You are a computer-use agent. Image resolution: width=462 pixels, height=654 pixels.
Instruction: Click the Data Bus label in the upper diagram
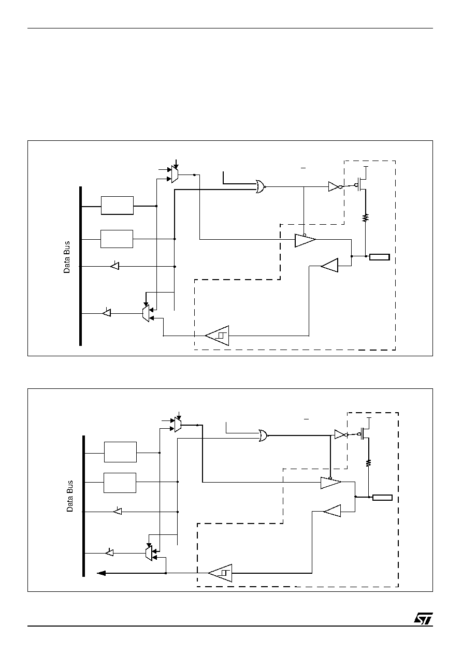coord(67,257)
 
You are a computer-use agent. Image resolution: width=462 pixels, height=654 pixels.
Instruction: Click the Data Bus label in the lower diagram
coord(70,496)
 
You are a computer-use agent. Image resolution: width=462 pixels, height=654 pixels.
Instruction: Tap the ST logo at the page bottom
coord(423,618)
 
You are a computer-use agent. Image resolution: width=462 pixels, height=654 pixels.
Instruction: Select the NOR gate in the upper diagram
coord(261,186)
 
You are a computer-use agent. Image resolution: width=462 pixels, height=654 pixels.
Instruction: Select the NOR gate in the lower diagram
coord(264,435)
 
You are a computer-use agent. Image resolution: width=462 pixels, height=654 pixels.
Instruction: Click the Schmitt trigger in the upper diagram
coord(217,336)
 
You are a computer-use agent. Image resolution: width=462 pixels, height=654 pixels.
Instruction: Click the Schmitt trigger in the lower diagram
coord(220,573)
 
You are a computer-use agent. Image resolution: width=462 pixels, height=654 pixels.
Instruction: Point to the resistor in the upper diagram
coord(365,217)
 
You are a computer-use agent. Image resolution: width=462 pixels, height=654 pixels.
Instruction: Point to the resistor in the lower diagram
coord(369,462)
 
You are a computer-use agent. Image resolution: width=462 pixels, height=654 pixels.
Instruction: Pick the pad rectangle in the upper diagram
coord(379,257)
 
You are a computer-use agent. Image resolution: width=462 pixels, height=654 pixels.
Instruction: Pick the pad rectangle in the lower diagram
coord(382,498)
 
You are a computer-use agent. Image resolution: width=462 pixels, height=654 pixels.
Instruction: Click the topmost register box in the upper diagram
coord(117,206)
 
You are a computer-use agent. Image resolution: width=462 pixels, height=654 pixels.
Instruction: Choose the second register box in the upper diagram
coord(117,239)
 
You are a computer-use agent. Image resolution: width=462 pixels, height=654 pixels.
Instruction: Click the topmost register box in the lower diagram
coord(120,452)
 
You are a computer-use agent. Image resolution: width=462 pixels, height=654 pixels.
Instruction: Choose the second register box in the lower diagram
coord(120,483)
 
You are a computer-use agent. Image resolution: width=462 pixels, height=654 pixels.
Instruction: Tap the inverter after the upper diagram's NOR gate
coord(335,186)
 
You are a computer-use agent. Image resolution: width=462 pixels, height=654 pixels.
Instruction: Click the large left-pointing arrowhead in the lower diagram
coord(101,573)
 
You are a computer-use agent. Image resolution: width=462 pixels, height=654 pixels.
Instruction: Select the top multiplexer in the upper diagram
coord(175,174)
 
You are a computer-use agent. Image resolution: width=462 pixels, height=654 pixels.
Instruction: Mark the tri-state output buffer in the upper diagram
coord(305,240)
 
